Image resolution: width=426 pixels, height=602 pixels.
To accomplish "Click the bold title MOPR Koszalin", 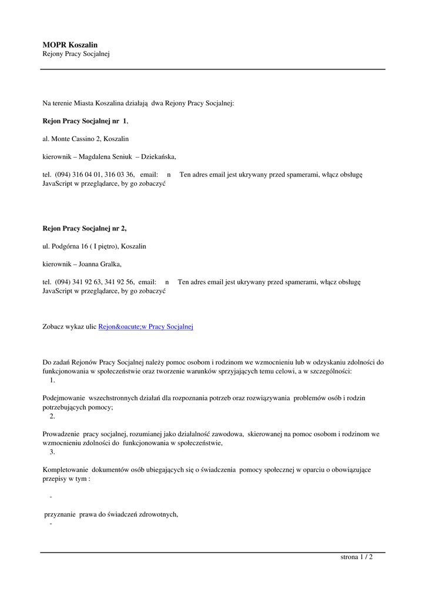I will tap(70, 45).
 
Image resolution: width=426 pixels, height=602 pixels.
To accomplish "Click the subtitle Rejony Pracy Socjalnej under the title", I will tap(76, 54).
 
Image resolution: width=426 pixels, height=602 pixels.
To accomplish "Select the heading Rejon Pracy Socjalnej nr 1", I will tap(85, 121).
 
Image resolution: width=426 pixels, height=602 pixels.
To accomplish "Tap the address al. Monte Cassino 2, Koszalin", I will tap(86, 139).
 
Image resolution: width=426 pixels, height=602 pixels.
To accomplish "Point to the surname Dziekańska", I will tap(157, 157).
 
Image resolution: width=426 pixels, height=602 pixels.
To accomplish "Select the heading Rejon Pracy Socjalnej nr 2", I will tap(85, 228).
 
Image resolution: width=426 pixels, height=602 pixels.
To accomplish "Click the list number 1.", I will tap(52, 380).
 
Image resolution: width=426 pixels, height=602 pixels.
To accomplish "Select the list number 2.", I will tap(52, 416).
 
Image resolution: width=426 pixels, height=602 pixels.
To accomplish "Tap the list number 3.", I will tap(52, 452).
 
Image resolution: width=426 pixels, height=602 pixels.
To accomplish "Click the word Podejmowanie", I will tap(64, 398).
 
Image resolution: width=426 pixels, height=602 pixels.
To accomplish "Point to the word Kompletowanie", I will tap(65, 470).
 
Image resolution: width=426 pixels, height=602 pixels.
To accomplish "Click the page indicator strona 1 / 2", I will tap(357, 557).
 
